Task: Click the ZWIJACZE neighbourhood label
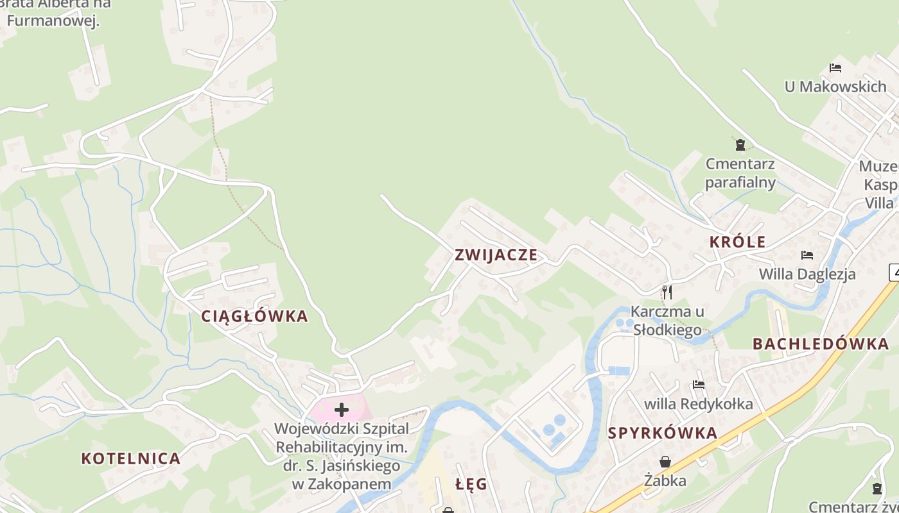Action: [x=496, y=255]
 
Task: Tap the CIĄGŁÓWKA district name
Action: [x=255, y=316]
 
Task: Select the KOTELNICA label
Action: [x=131, y=458]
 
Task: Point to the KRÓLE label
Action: [x=737, y=242]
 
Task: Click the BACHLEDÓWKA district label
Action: [x=821, y=344]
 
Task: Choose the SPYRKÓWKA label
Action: [x=662, y=433]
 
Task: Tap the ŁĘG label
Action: [x=471, y=484]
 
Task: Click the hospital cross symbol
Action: [x=342, y=410]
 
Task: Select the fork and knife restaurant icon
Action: [x=667, y=292]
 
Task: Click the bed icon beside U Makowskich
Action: [x=835, y=68]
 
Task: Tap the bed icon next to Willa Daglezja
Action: [x=807, y=255]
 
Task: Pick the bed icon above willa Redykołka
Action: [x=699, y=385]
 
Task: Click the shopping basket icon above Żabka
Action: [x=665, y=462]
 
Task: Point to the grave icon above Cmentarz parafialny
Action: [x=740, y=145]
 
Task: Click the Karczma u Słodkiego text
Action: [x=667, y=321]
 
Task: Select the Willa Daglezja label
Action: [x=807, y=274]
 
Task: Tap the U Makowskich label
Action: [x=835, y=87]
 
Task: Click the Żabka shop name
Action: [x=665, y=480]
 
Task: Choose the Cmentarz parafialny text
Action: [x=740, y=173]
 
